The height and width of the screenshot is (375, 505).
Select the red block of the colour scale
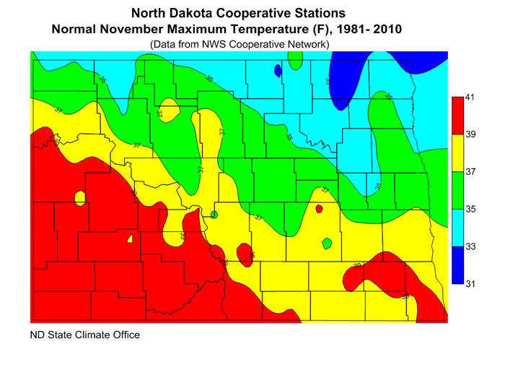[457, 115]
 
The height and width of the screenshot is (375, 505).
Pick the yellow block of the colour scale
[457, 152]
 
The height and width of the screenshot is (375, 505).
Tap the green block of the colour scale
[457, 190]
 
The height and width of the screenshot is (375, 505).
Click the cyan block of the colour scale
[457, 228]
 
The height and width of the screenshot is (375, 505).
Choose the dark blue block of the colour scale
[457, 265]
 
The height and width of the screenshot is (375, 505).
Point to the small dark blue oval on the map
[277, 70]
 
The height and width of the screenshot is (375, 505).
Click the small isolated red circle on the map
[319, 209]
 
